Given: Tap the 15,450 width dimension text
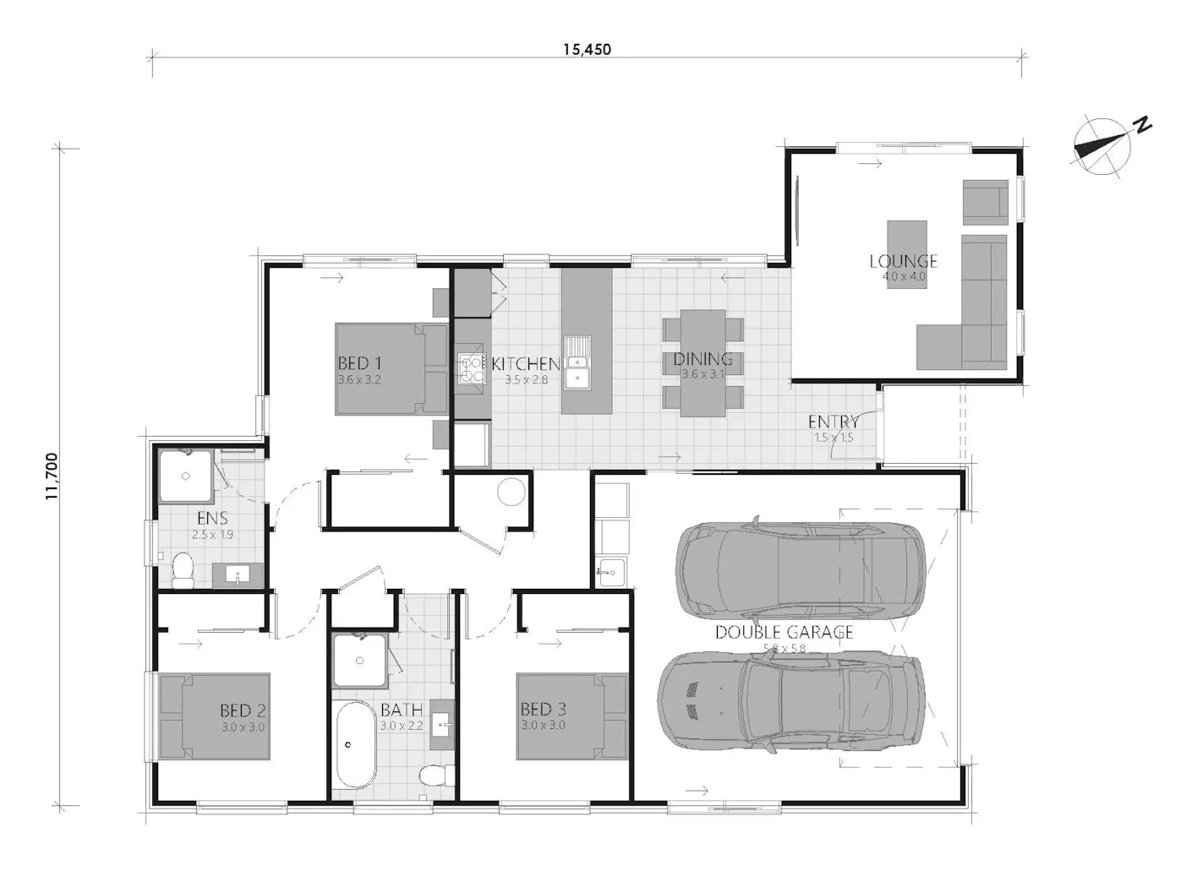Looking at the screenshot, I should click(587, 49).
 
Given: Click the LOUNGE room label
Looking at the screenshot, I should click(904, 262).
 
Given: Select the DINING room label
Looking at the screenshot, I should click(703, 360).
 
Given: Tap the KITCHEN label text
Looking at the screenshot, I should click(525, 364).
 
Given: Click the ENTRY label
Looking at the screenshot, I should click(834, 422).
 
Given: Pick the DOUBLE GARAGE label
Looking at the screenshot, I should click(784, 632).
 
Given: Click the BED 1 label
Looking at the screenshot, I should click(353, 363).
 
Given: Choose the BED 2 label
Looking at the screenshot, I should click(243, 710).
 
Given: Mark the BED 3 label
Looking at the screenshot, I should click(543, 710).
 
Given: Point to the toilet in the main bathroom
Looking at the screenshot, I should click(435, 776).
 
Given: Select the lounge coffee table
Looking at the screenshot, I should click(906, 254).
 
